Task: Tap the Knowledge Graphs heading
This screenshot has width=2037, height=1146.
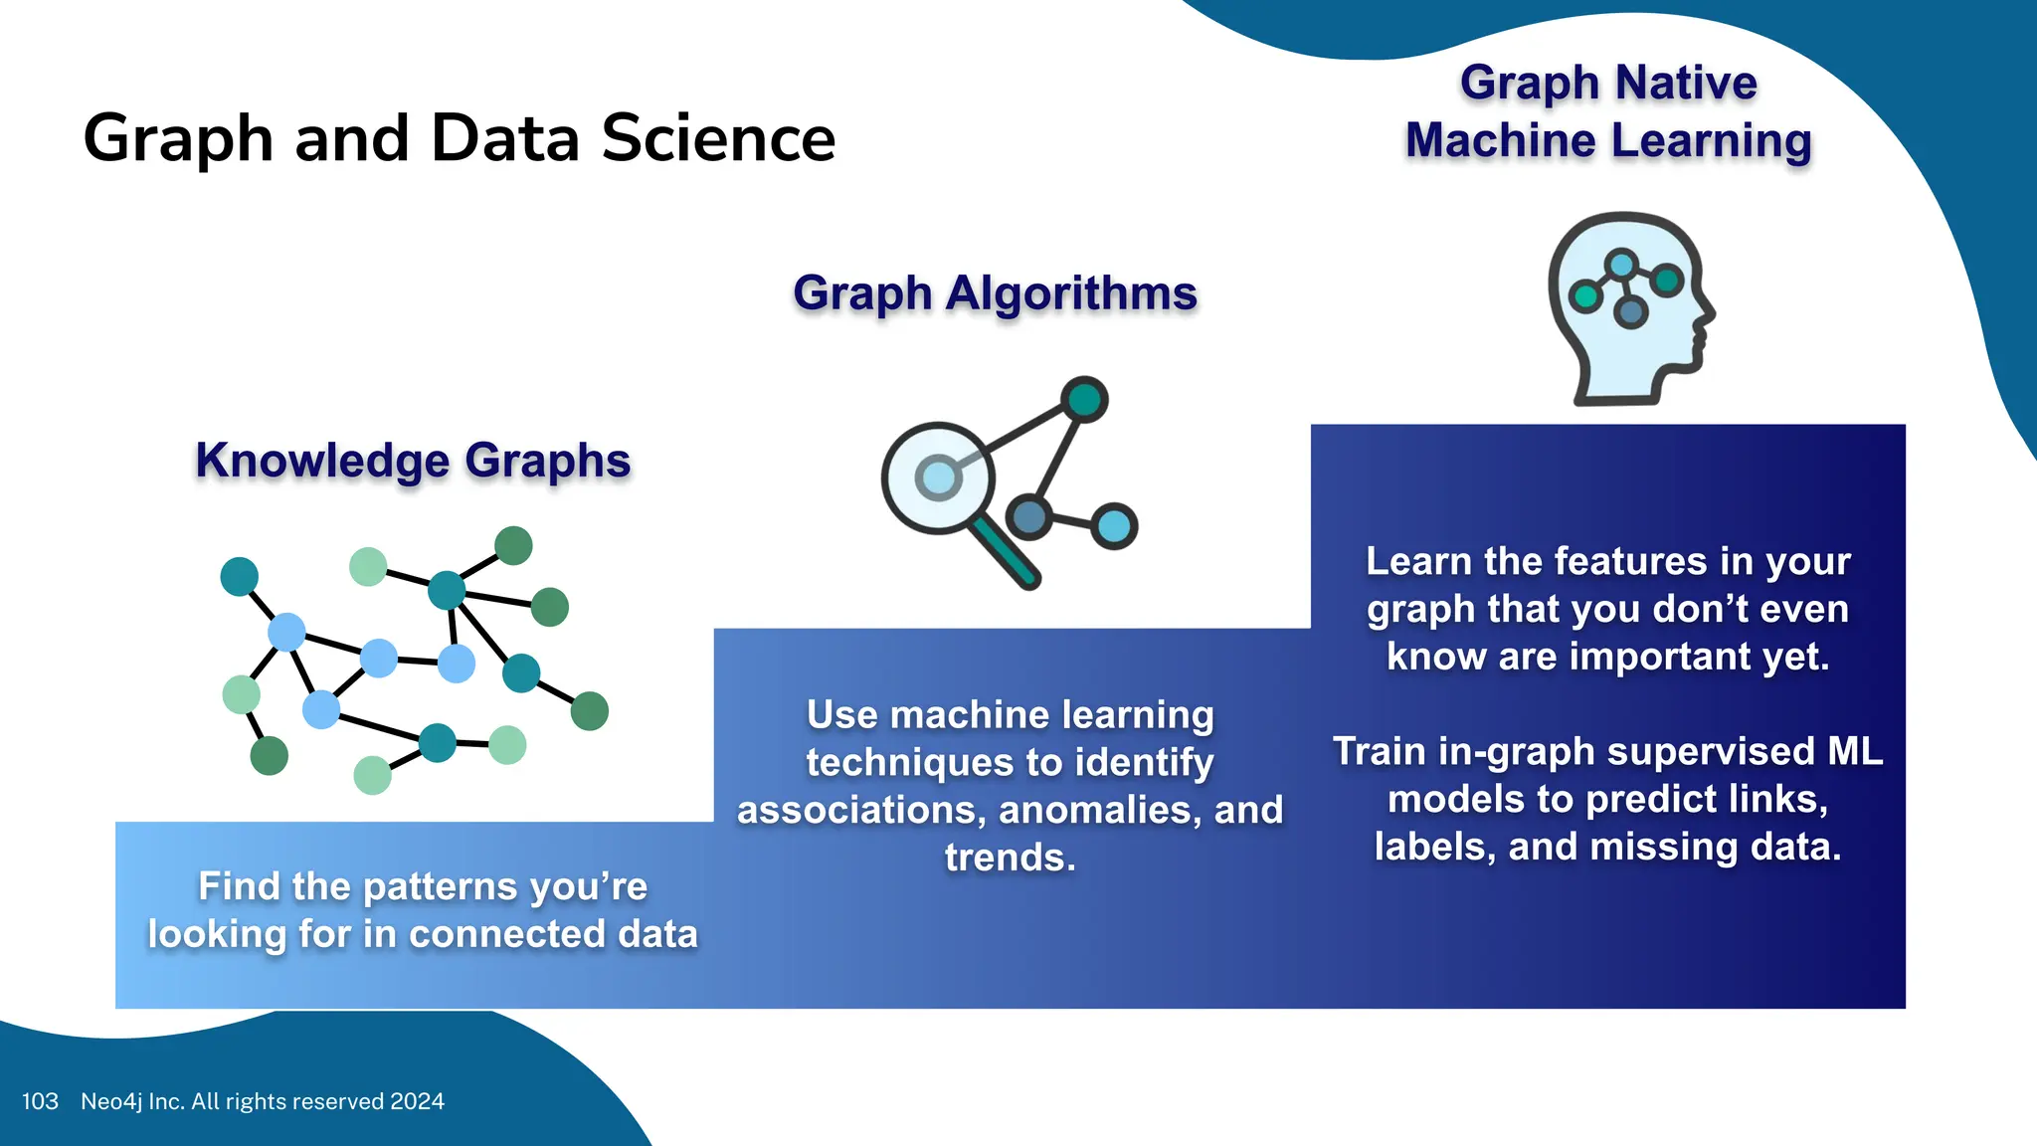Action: coord(413,461)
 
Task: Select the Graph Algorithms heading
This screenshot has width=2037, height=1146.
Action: coord(995,293)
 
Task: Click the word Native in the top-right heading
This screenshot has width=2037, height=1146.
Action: coord(1687,83)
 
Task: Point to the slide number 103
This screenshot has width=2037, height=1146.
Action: coord(40,1101)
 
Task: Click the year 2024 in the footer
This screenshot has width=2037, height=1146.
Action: coord(417,1101)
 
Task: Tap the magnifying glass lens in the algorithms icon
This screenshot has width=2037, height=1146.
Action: coord(938,477)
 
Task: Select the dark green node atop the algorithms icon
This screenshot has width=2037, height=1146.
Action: coord(1084,400)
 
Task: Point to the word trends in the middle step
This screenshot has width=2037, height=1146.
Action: coord(1010,858)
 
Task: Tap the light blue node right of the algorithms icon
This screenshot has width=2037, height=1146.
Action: coord(1114,526)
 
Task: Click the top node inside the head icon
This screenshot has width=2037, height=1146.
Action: coord(1621,265)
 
